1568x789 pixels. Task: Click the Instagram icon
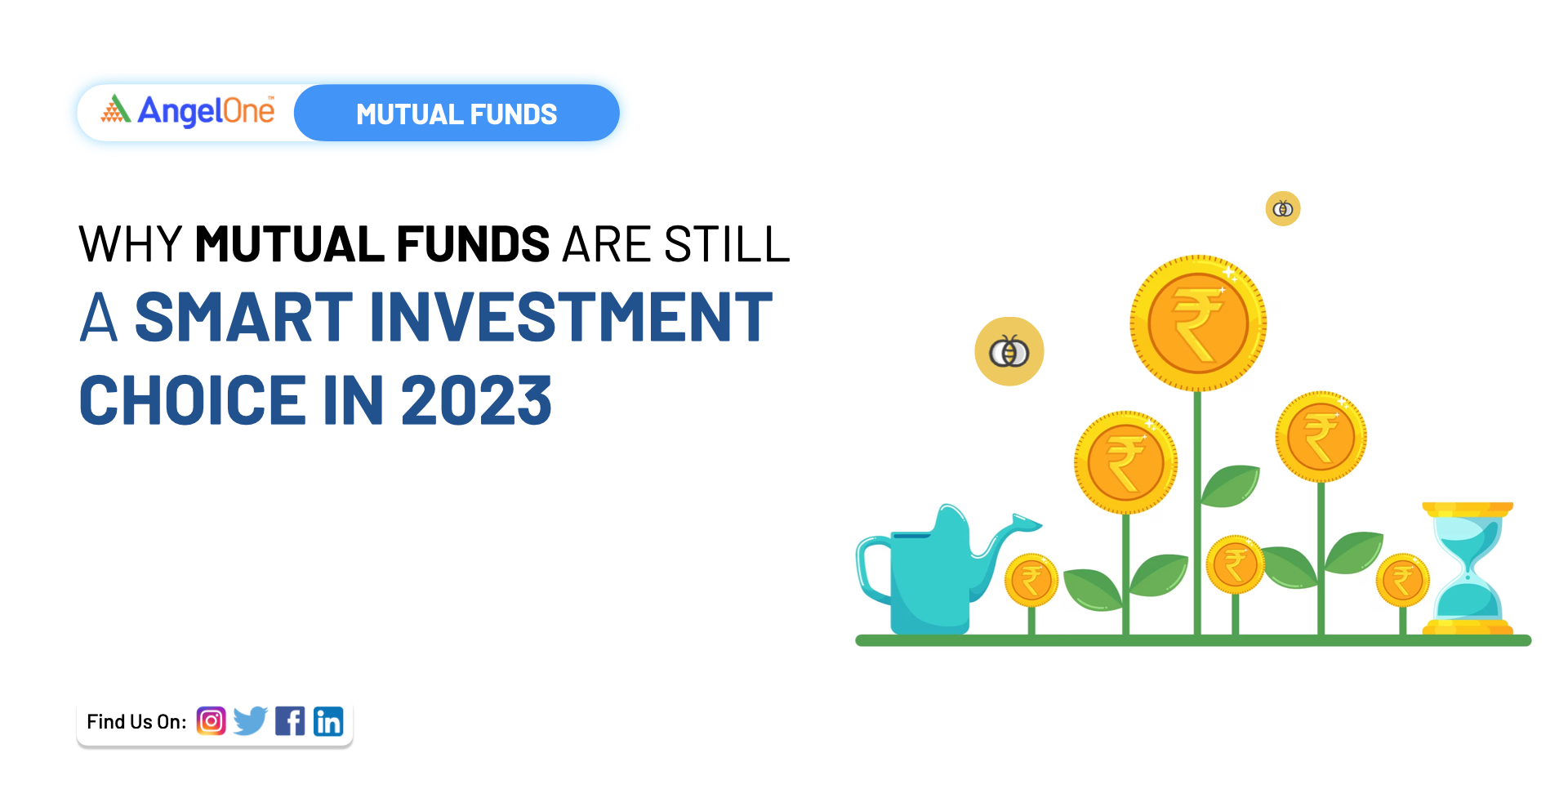point(211,721)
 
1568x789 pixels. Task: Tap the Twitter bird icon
point(250,721)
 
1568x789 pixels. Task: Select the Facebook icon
point(290,721)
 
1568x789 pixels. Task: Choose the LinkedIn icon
point(328,722)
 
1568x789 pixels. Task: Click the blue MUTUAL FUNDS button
point(457,114)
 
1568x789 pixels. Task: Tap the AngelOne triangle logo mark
point(116,109)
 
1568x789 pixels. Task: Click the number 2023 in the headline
point(476,401)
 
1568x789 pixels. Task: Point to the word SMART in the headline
point(243,318)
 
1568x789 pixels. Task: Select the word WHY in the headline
point(130,244)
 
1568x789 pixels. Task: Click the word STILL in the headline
point(727,244)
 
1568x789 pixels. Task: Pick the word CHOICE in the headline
point(193,401)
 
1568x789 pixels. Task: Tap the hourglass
point(1468,568)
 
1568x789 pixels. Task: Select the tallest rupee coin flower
point(1198,323)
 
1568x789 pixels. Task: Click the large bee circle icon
point(1009,352)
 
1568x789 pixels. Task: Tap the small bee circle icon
point(1283,209)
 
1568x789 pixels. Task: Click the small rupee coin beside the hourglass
point(1402,581)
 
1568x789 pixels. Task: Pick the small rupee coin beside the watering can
point(1031,581)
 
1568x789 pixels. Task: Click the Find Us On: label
point(136,722)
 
